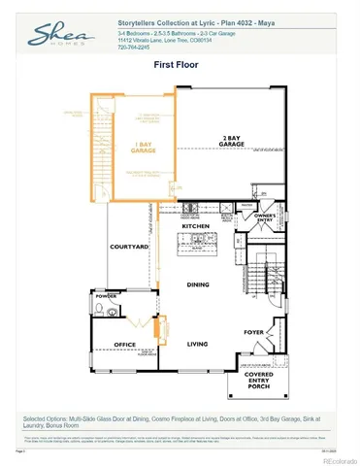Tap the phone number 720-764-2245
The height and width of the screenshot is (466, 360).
[134, 48]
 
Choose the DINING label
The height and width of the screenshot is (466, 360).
[197, 284]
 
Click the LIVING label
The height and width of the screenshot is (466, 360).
[197, 344]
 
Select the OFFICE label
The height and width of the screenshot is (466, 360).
[123, 344]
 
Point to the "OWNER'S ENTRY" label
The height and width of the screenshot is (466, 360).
[266, 218]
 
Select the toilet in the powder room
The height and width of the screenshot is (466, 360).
[102, 311]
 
